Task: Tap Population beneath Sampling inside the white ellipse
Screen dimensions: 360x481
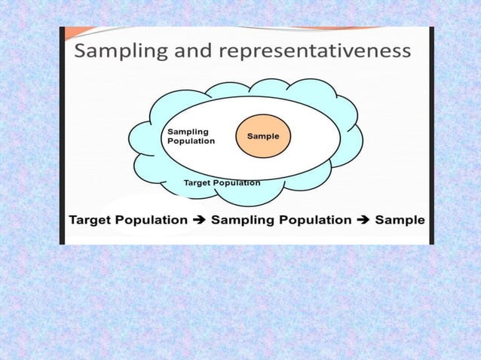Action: click(191, 141)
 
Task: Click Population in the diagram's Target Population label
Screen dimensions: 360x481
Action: click(238, 182)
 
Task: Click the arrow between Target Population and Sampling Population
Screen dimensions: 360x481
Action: click(199, 221)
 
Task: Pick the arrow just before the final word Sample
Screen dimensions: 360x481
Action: click(363, 221)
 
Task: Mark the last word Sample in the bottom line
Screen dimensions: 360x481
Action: click(400, 221)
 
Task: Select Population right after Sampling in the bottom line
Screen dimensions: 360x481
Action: click(313, 221)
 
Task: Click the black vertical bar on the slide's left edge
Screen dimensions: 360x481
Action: click(63, 136)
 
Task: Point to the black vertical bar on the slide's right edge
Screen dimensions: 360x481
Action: click(431, 136)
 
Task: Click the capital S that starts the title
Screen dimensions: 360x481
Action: click(81, 51)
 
